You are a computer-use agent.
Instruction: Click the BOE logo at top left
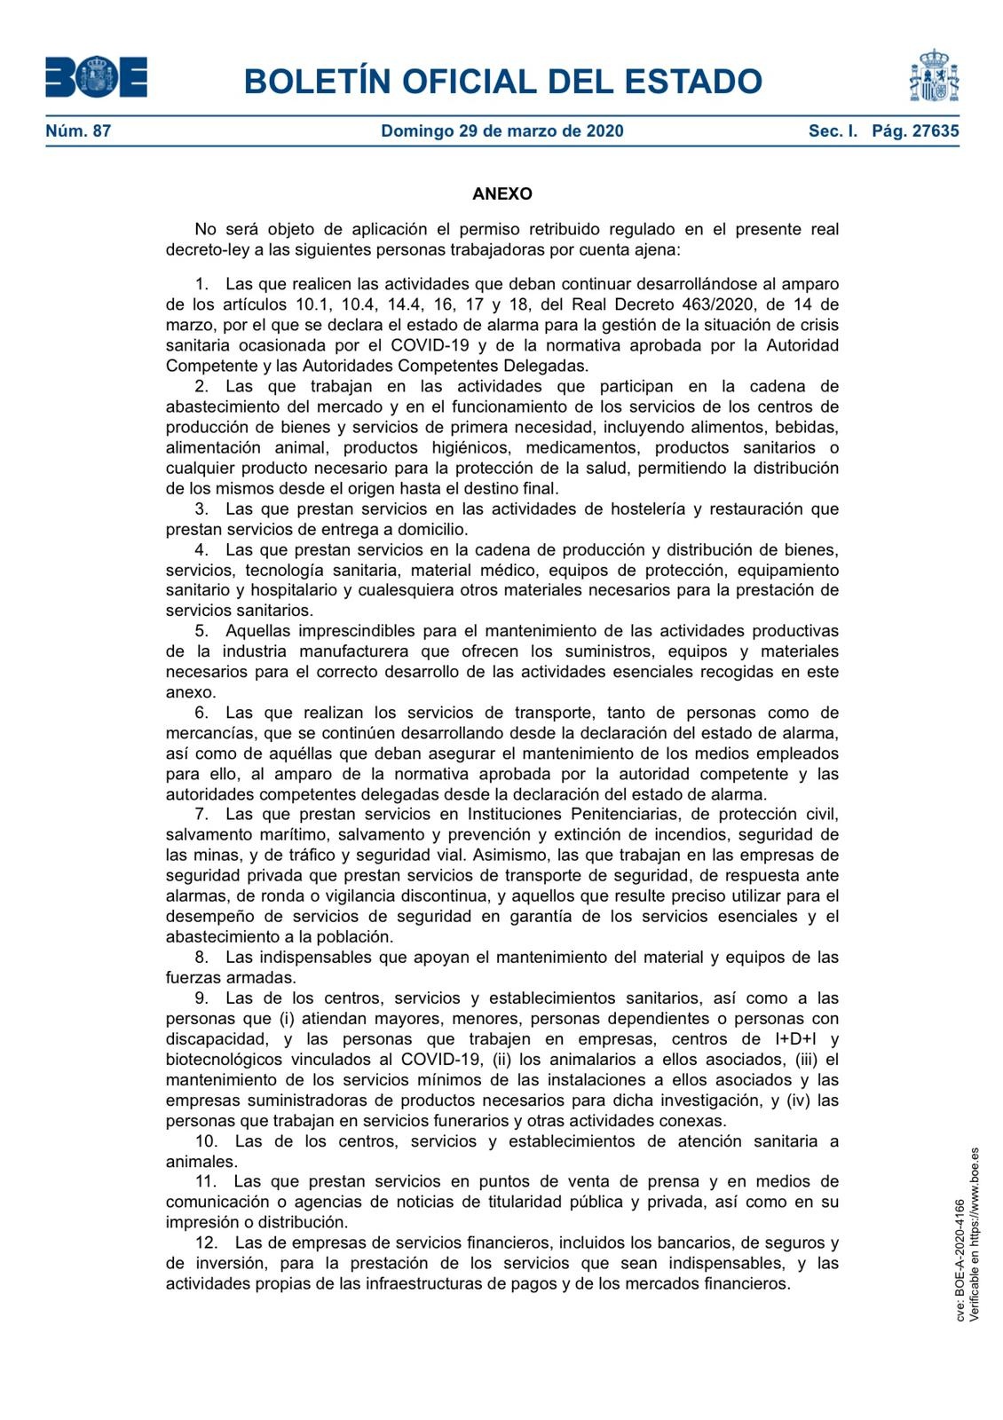(96, 77)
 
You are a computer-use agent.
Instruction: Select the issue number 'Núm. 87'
(78, 131)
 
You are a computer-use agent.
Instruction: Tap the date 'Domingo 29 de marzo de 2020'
(501, 131)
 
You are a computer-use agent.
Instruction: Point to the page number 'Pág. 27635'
(915, 131)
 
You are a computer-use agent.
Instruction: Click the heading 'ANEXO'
(501, 193)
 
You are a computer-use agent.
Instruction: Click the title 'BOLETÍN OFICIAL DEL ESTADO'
(502, 82)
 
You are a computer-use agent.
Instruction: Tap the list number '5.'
(202, 631)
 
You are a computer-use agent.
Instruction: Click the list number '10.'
(206, 1141)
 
